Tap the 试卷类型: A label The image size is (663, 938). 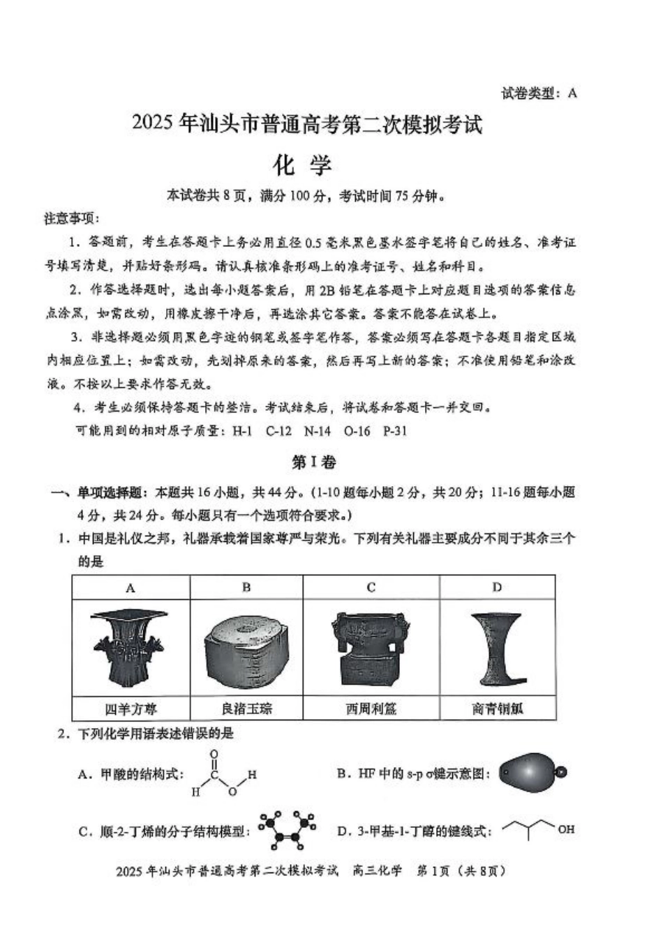coord(539,93)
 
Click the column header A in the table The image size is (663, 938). coord(131,588)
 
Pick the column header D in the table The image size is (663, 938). coord(497,587)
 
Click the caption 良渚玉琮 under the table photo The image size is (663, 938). coord(246,709)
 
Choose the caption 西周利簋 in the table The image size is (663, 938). coord(371,709)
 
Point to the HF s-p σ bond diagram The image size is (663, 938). coord(532,772)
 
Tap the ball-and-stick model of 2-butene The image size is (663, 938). coord(286,828)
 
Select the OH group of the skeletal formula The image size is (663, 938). coord(566,829)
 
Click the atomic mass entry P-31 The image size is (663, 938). coord(395,431)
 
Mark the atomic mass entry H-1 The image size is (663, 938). coord(242,431)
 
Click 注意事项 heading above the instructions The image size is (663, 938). coord(72,219)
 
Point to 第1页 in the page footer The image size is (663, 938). coord(433,871)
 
